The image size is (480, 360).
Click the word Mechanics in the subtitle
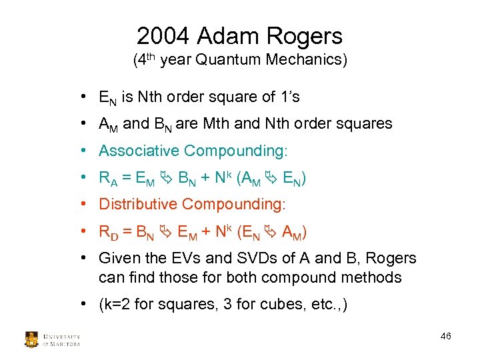point(305,61)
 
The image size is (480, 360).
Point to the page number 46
point(446,336)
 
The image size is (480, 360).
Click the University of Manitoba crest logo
point(31,339)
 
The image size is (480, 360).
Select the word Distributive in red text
point(137,204)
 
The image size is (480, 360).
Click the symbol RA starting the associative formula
point(108,179)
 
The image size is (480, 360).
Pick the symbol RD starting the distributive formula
point(108,232)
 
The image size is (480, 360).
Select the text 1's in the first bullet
point(288,97)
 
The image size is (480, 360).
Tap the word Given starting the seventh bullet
point(117,258)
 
